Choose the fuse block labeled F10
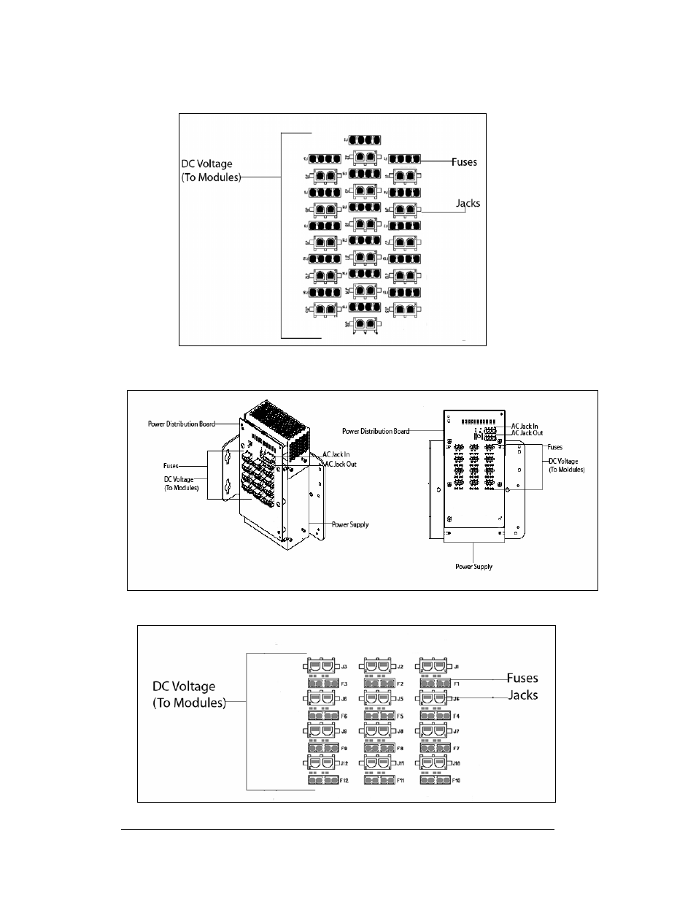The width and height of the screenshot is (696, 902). pyautogui.click(x=434, y=780)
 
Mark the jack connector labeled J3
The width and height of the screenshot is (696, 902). pyautogui.click(x=319, y=666)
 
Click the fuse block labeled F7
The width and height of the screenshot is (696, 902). pyautogui.click(x=434, y=748)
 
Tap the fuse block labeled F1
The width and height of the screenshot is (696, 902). pyautogui.click(x=434, y=684)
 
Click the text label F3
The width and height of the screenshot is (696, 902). pyautogui.click(x=345, y=684)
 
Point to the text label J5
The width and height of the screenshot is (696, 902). pyautogui.click(x=400, y=699)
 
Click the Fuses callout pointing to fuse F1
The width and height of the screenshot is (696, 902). pyautogui.click(x=522, y=679)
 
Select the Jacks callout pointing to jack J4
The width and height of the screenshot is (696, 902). pyautogui.click(x=523, y=695)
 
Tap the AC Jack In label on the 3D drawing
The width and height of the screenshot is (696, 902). pyautogui.click(x=336, y=454)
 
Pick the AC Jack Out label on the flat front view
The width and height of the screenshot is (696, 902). pyautogui.click(x=527, y=433)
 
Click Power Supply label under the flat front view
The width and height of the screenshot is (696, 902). pyautogui.click(x=474, y=567)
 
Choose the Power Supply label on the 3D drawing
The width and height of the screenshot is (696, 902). pyautogui.click(x=350, y=524)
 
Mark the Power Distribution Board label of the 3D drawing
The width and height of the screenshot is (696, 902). pyautogui.click(x=181, y=424)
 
